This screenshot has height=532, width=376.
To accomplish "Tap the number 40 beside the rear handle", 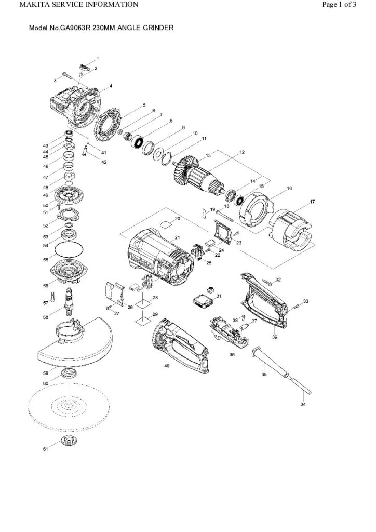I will click(x=167, y=366).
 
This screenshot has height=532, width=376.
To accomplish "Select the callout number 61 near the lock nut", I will click(x=45, y=449).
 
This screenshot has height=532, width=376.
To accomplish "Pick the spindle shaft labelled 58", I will click(x=69, y=302).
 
